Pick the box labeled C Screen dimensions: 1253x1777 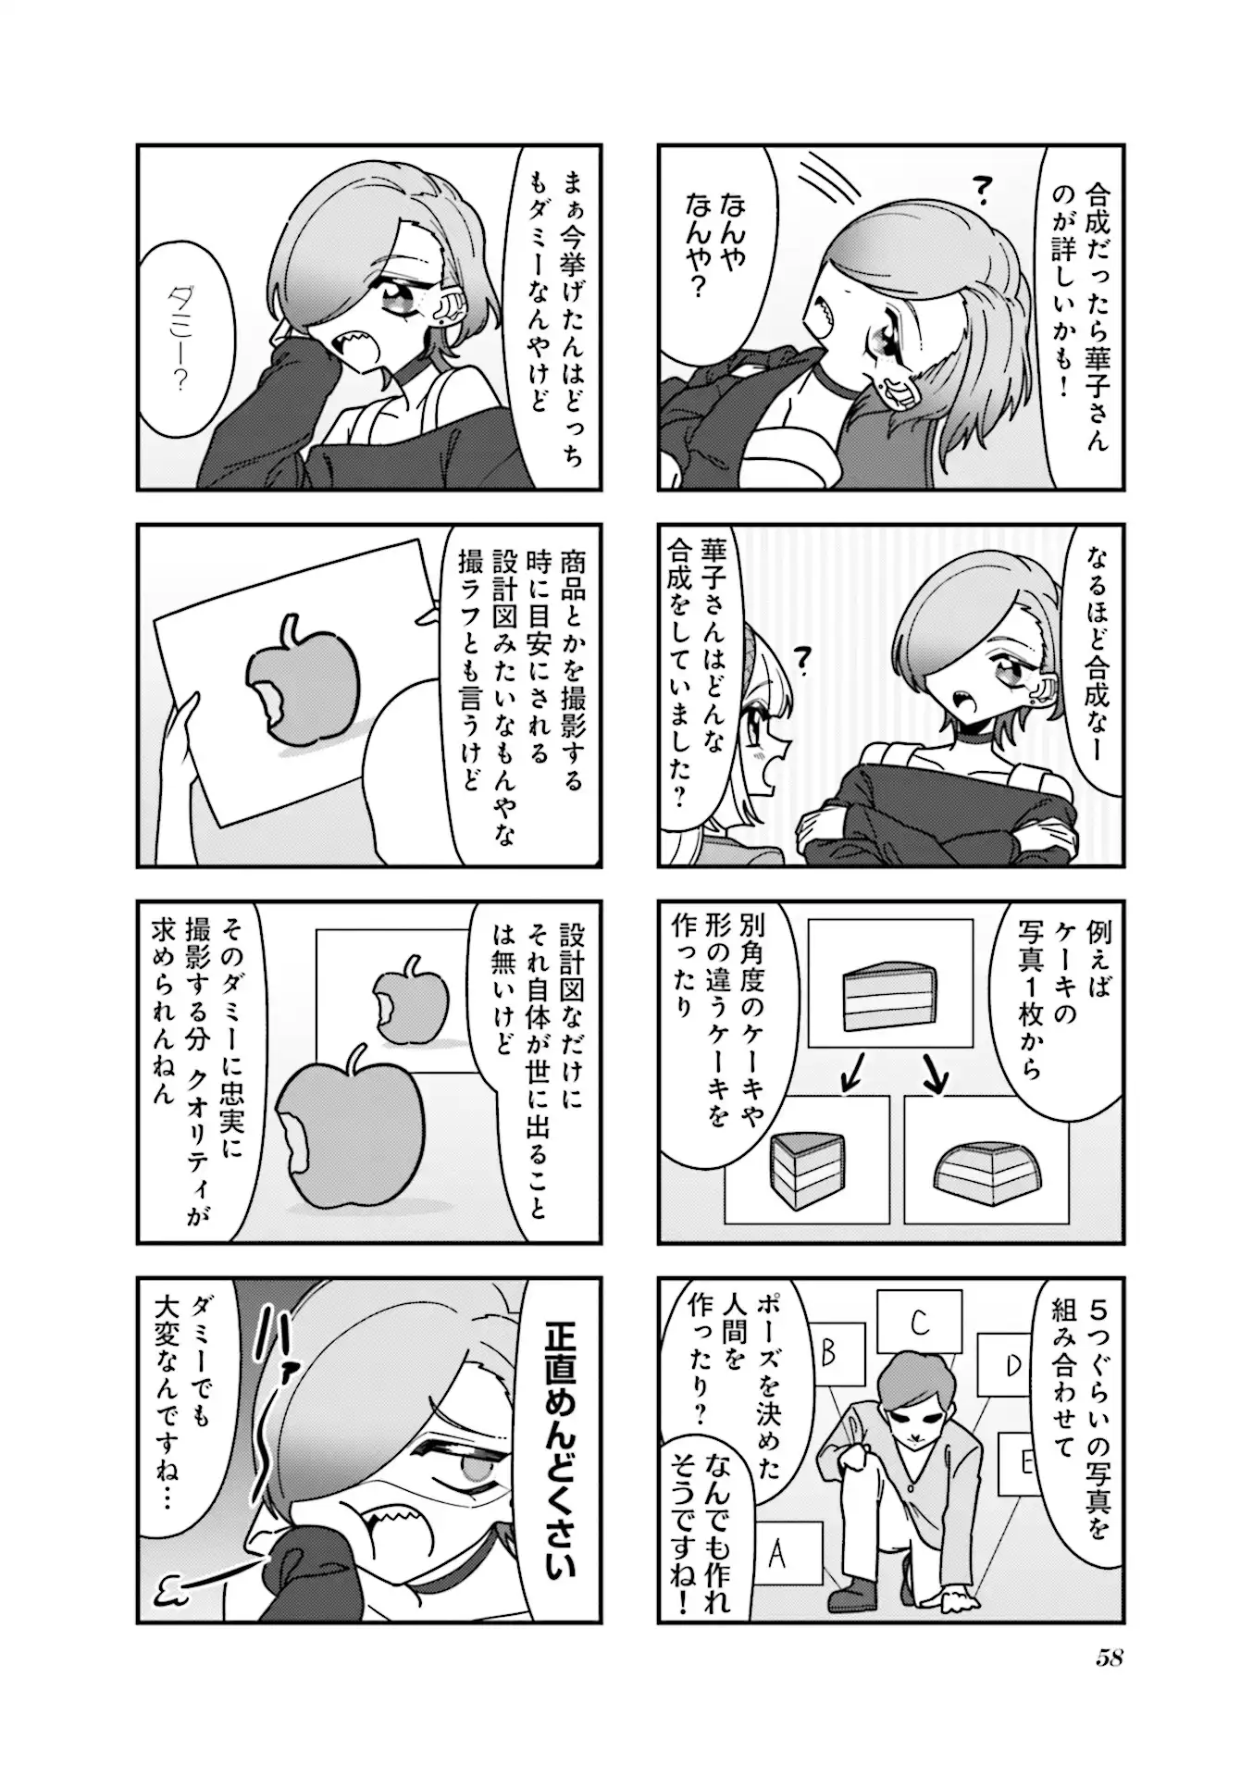(919, 1323)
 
